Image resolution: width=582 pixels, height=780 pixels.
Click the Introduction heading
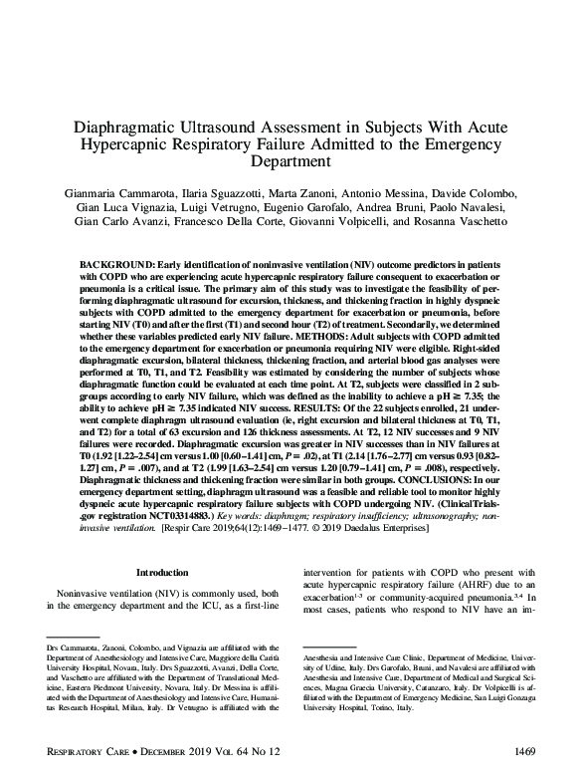coord(161,573)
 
